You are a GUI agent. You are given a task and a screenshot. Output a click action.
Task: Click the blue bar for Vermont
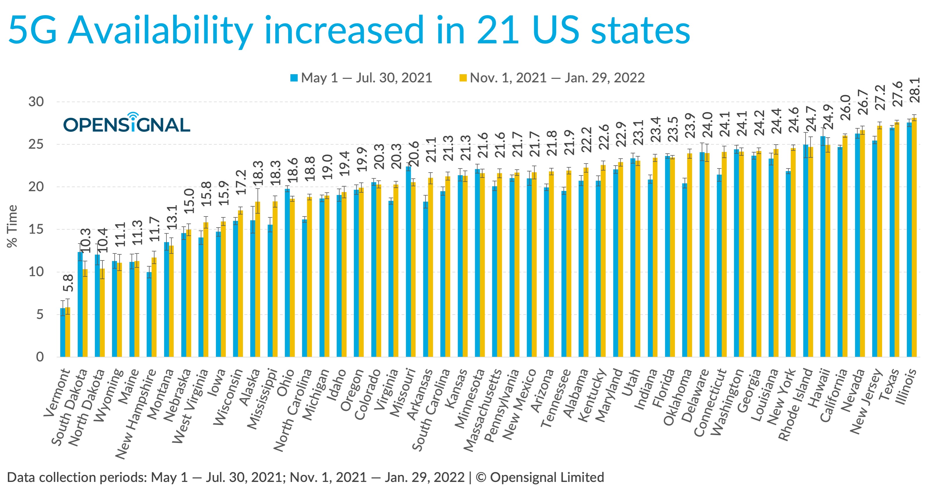(63, 333)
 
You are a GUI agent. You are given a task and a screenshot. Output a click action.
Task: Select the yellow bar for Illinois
(914, 239)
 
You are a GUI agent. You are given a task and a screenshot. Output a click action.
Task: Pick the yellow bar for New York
(793, 253)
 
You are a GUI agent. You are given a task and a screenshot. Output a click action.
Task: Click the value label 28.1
(915, 91)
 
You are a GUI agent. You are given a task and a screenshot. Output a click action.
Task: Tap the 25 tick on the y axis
(36, 144)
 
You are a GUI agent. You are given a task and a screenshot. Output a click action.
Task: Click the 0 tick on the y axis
(40, 357)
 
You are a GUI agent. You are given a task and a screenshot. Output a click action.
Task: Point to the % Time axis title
(12, 226)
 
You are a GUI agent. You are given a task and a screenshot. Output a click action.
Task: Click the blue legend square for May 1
(294, 78)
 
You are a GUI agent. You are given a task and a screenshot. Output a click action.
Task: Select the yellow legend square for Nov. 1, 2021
(463, 78)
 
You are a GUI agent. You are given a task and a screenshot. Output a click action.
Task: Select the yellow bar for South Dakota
(85, 313)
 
